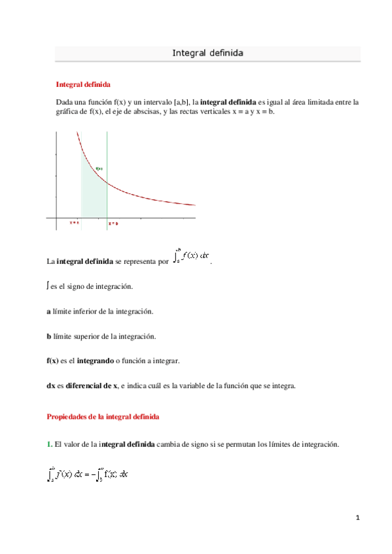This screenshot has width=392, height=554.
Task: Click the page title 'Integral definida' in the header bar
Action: [x=207, y=53]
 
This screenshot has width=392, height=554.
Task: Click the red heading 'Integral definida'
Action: [x=83, y=85]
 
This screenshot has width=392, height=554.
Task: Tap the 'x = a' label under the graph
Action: [x=74, y=223]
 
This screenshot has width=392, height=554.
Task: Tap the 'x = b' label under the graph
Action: [x=113, y=223]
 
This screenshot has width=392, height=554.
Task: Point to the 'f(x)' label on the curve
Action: [x=99, y=169]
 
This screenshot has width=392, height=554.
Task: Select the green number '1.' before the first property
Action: [x=49, y=444]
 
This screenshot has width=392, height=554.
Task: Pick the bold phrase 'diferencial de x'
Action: [x=90, y=385]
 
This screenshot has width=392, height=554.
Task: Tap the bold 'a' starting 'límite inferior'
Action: [x=48, y=312]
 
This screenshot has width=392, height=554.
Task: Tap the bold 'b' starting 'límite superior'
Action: [x=48, y=336]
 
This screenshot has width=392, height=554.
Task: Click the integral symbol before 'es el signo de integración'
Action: [x=48, y=286]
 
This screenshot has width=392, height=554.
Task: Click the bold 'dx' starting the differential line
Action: [x=50, y=385]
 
